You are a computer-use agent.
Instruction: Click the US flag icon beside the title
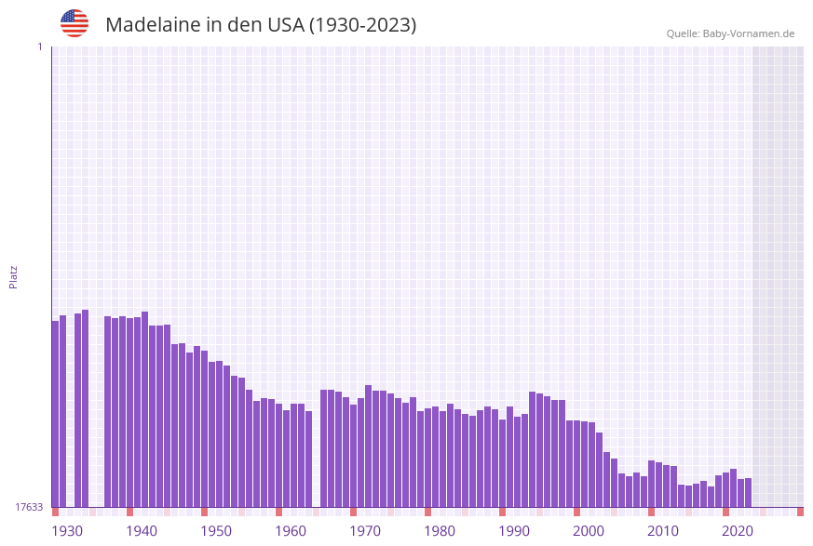tap(75, 23)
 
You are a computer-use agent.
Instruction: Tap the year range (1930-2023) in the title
tap(362, 25)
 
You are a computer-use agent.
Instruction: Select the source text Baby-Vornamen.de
tap(749, 33)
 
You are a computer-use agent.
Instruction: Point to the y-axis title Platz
tap(14, 276)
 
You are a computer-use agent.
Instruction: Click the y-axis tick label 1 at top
tap(39, 47)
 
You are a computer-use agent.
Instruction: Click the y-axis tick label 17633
tap(28, 507)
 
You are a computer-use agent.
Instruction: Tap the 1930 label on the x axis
tap(66, 531)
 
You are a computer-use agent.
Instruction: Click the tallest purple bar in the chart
tap(85, 409)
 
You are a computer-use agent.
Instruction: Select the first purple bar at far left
tap(55, 414)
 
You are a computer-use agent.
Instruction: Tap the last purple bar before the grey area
tap(748, 492)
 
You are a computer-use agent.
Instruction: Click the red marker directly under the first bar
tap(55, 512)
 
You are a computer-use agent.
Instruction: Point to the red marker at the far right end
tap(800, 512)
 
